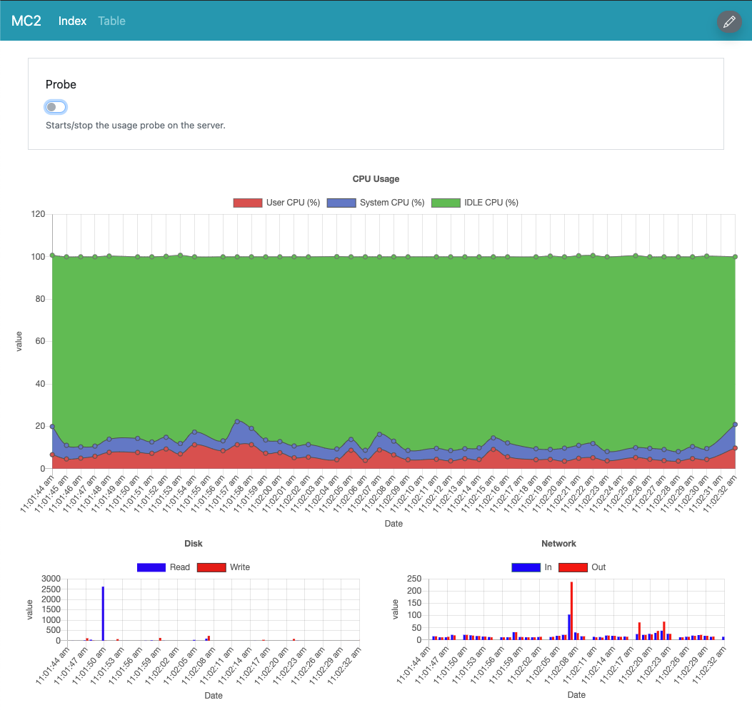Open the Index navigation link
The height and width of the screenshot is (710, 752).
point(72,21)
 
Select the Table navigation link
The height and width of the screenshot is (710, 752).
point(111,21)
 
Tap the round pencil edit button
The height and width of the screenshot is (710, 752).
point(729,22)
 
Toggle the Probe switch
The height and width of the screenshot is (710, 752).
point(56,107)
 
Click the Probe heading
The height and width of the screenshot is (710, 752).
point(61,84)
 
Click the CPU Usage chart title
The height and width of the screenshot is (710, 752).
point(376,179)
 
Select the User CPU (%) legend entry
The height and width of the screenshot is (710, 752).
point(276,203)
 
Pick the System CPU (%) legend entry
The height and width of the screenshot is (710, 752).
point(376,203)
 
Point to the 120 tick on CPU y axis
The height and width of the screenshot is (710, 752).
point(38,214)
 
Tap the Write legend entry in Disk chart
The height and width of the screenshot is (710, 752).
point(224,567)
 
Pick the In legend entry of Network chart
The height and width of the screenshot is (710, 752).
point(532,567)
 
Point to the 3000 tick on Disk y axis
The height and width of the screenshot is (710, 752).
point(51,579)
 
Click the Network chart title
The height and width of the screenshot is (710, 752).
point(558,544)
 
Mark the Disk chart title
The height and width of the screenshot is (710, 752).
point(193,544)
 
